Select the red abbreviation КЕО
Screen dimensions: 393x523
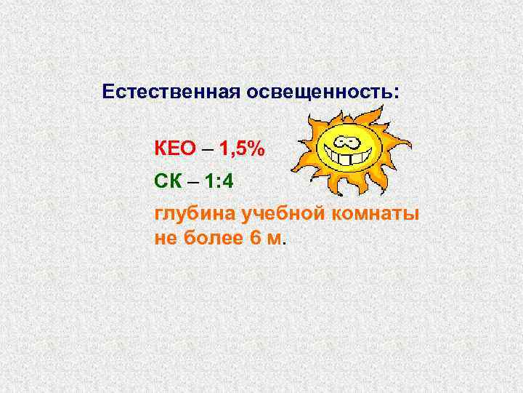[x=175, y=148]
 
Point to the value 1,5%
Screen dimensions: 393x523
[x=243, y=148]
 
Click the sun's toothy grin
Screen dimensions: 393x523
[x=348, y=155]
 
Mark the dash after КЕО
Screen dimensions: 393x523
[x=208, y=149]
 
